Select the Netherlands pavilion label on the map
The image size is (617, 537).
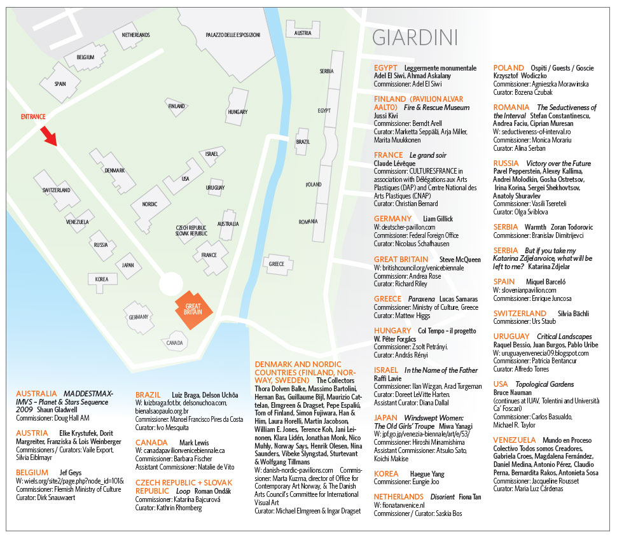(x=135, y=34)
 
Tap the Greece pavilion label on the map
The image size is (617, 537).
(x=277, y=263)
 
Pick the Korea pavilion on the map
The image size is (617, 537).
(x=102, y=279)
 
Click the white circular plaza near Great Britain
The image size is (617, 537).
(x=171, y=284)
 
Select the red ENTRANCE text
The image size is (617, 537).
(x=33, y=116)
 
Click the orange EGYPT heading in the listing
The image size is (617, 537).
(x=385, y=67)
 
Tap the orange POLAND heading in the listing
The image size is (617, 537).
(x=509, y=67)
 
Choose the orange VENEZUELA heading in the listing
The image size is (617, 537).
(x=516, y=440)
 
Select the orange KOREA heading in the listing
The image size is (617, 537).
(x=386, y=473)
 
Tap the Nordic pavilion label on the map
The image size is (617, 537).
(x=149, y=205)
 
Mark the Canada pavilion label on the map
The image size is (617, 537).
(x=174, y=342)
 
